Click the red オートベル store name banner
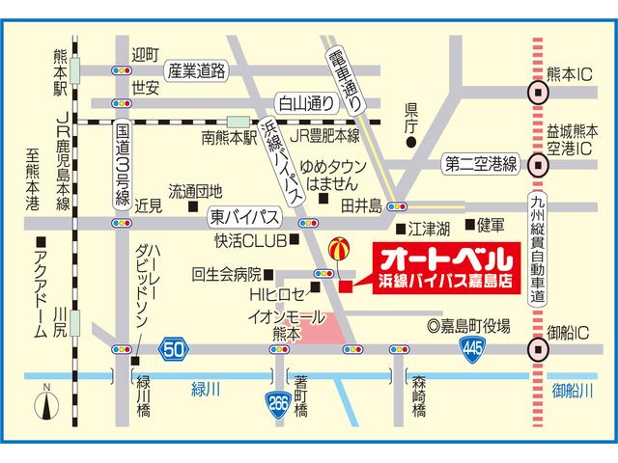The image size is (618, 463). [x=439, y=271]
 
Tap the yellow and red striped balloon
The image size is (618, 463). [x=338, y=249]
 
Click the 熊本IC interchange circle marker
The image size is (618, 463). [x=537, y=93]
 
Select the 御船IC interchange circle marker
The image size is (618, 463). [x=537, y=348]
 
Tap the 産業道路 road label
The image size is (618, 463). [x=197, y=71]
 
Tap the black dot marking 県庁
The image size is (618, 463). [x=410, y=144]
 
